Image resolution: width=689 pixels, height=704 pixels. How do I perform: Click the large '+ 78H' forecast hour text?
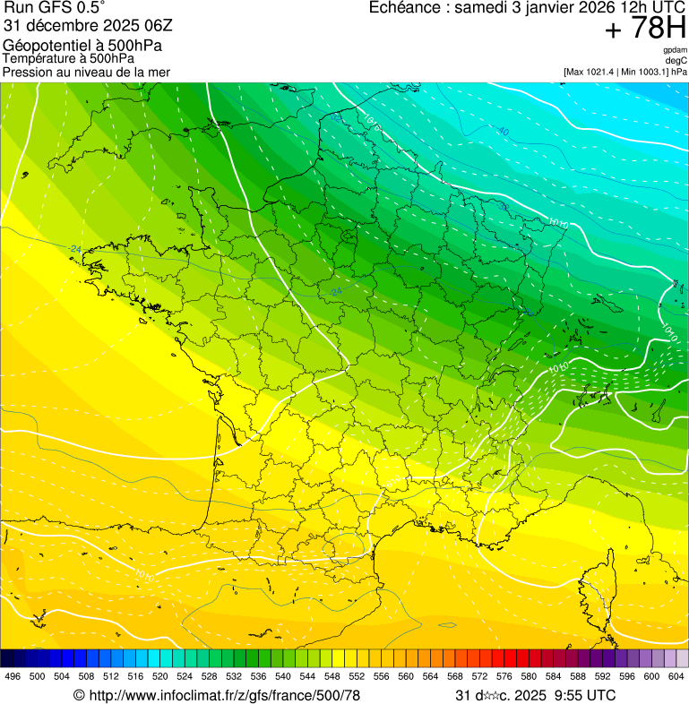tap(645, 29)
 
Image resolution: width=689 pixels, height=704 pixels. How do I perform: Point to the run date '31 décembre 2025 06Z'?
tap(81, 26)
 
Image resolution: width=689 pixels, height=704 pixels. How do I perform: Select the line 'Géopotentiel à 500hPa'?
tap(82, 46)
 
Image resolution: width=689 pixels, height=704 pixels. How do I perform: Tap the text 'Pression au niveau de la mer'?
tap(87, 72)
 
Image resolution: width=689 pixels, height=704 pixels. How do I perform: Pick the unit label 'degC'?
tap(677, 60)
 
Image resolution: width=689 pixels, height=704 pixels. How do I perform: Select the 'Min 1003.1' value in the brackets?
tap(644, 71)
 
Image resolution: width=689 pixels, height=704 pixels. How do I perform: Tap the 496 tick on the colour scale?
tap(13, 676)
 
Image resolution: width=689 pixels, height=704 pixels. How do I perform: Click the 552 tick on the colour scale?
tap(356, 676)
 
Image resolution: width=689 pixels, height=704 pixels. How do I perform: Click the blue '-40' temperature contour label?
tap(502, 132)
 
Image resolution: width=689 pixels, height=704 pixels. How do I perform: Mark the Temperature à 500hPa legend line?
tap(75, 58)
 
